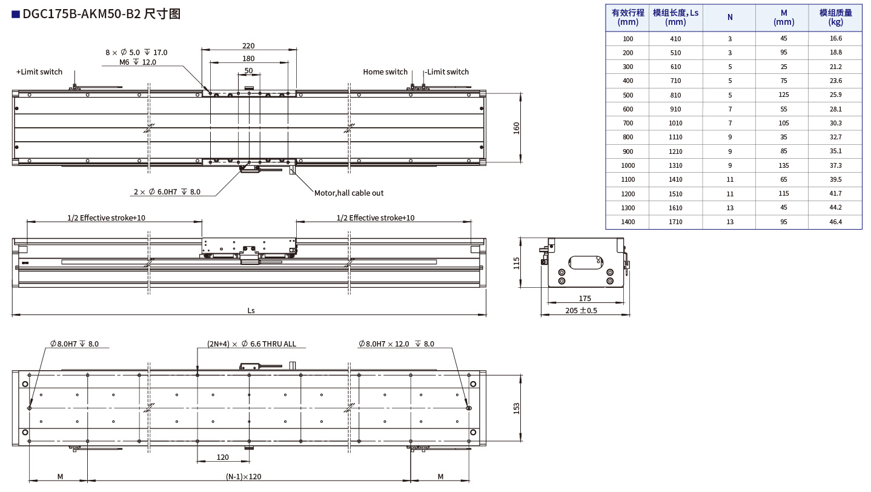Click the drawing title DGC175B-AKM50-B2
[81, 14]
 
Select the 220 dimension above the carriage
[248, 46]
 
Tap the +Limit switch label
[39, 72]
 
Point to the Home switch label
[385, 72]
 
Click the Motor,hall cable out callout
[349, 193]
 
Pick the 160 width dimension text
[517, 128]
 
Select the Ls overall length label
[251, 310]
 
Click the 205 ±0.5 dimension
[581, 310]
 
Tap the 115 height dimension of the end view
[517, 263]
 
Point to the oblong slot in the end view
[586, 262]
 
